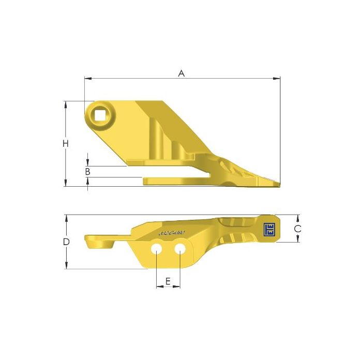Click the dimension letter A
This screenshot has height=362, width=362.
pos(182,73)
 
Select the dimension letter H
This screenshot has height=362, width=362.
pos(66,144)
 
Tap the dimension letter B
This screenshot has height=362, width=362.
pos(88,171)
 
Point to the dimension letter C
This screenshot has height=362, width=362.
pos(297,228)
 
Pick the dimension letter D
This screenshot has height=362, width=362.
pos(66,242)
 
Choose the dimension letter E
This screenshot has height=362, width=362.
pos(168,282)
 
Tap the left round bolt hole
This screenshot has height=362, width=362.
pos(156,249)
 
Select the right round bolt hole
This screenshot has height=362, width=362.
pos(180,249)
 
